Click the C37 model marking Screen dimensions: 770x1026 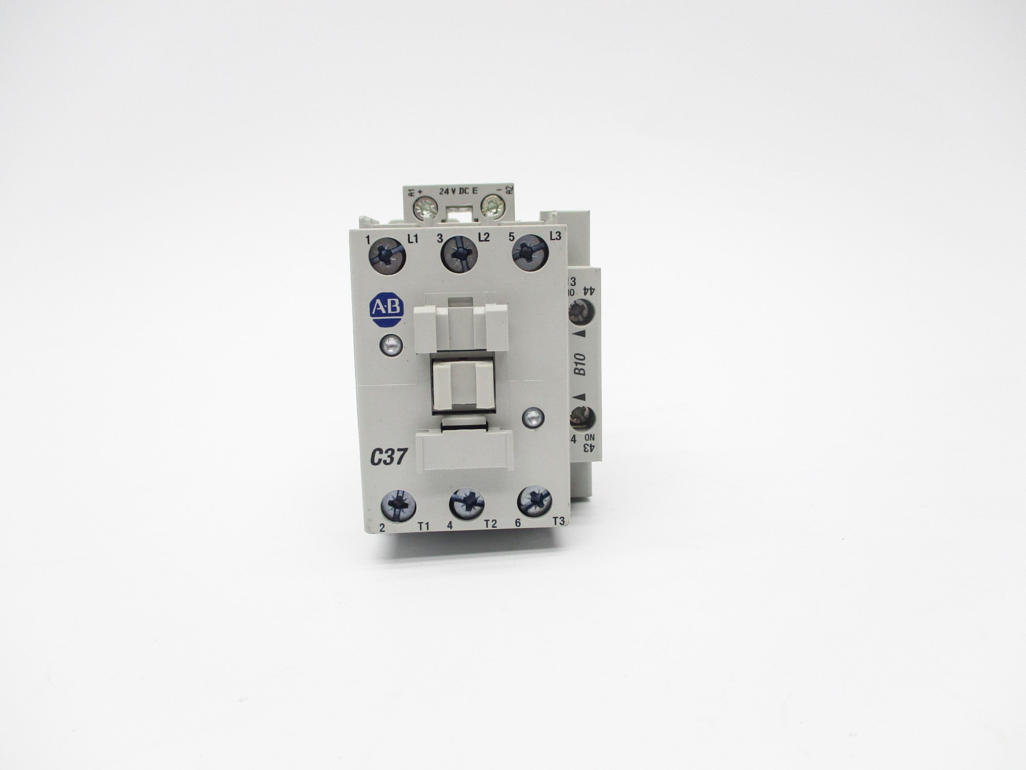click(x=388, y=458)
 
